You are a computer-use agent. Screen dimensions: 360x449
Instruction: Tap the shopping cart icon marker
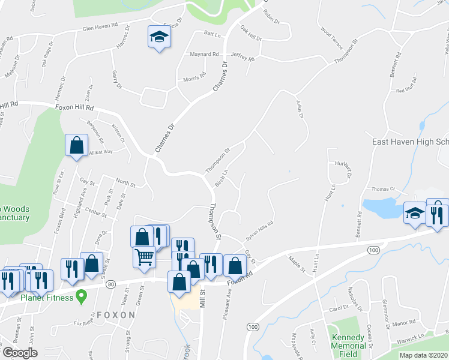(145, 257)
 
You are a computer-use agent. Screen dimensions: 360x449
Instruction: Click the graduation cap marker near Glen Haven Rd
(158, 38)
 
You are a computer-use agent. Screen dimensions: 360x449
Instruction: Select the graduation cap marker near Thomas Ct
(414, 213)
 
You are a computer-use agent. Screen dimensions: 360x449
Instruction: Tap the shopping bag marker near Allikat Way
(76, 146)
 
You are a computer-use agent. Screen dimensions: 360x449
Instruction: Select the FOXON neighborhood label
(116, 315)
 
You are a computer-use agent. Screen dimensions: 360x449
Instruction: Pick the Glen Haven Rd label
(97, 31)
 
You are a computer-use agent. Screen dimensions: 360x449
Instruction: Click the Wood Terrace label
(331, 38)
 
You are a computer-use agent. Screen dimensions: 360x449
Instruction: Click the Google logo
(20, 353)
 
